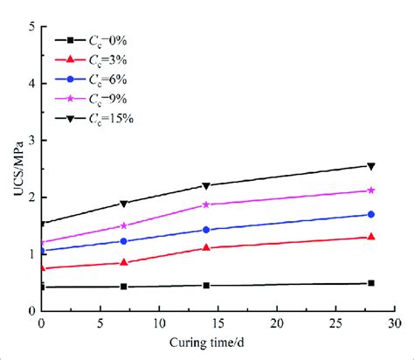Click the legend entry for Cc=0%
pyautogui.click(x=92, y=39)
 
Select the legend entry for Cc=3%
pyautogui.click(x=92, y=59)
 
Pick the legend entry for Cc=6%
pyautogui.click(x=92, y=79)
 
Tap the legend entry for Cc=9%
pyautogui.click(x=92, y=98)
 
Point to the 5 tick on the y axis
pyautogui.click(x=31, y=26)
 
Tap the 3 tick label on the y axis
pyautogui.click(x=31, y=140)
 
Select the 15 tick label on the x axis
pyautogui.click(x=217, y=322)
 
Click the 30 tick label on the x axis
pyautogui.click(x=394, y=322)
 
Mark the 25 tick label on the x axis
pyautogui.click(x=335, y=322)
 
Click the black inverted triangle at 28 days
pyautogui.click(x=371, y=166)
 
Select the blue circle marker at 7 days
pyautogui.click(x=124, y=241)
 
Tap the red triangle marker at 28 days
pyautogui.click(x=371, y=237)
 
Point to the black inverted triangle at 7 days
pyautogui.click(x=124, y=204)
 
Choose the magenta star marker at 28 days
pyautogui.click(x=371, y=190)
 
